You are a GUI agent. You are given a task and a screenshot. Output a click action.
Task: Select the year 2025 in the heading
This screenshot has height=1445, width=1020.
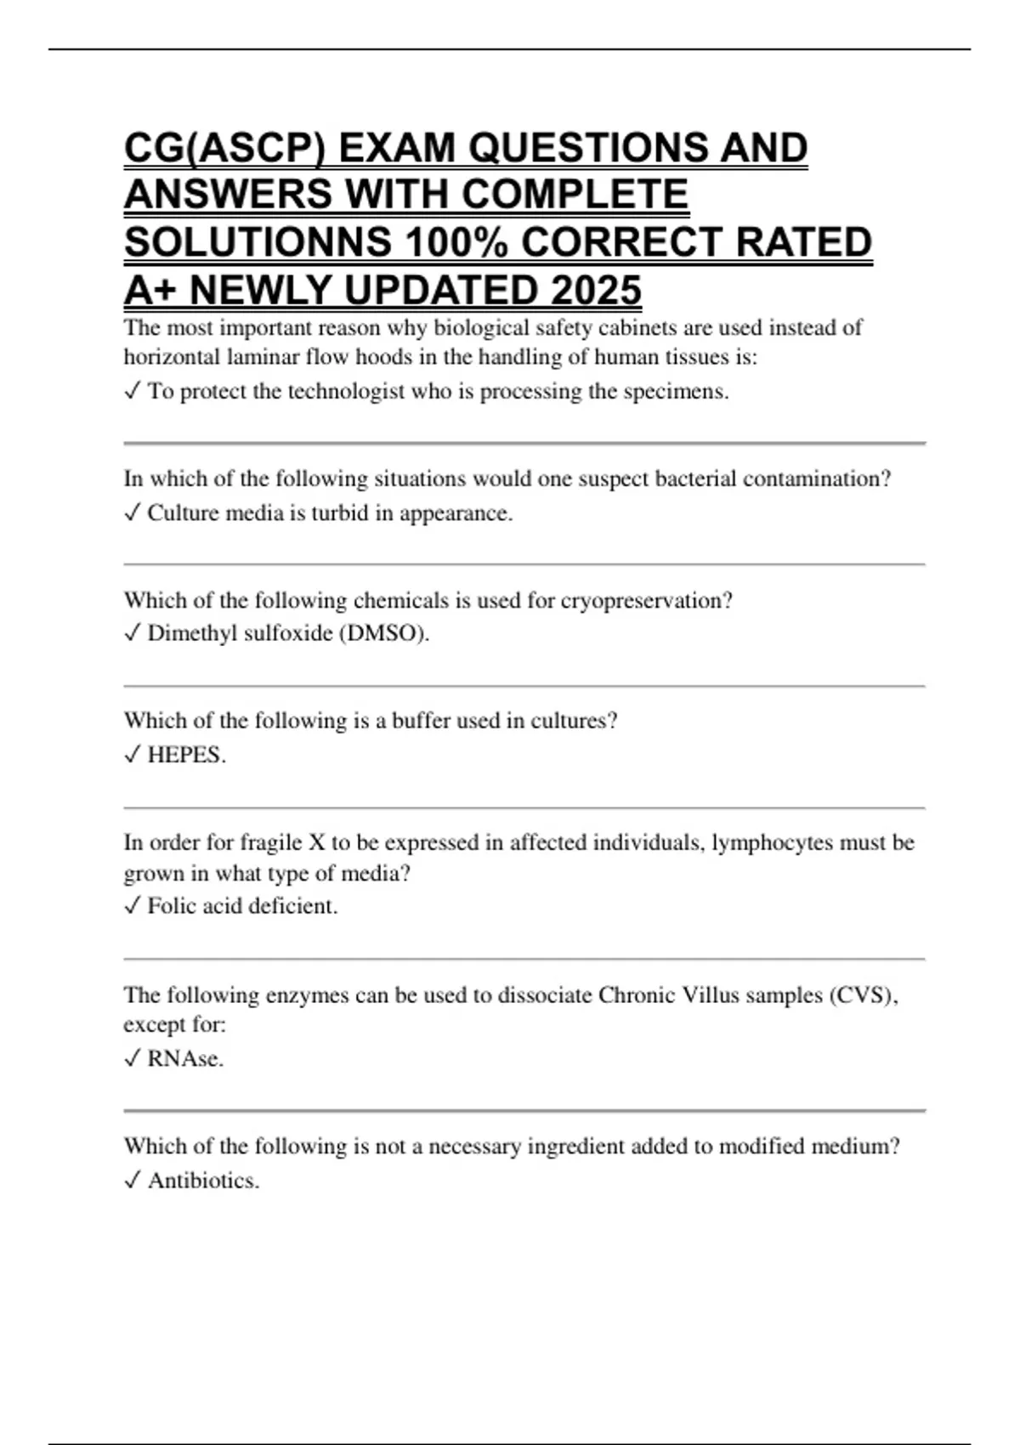point(595,291)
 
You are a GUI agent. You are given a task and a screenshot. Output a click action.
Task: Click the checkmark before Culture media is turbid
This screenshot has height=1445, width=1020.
point(132,513)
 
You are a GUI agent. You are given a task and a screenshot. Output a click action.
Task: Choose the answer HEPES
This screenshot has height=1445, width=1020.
point(186,755)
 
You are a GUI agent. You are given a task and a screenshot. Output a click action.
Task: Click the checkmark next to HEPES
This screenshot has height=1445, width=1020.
point(132,755)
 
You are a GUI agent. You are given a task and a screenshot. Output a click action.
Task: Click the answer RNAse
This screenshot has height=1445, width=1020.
point(185,1059)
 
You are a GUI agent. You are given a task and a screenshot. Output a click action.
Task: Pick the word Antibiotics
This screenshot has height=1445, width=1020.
point(203,1181)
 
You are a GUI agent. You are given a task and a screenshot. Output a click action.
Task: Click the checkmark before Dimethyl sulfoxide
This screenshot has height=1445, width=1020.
point(132,634)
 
